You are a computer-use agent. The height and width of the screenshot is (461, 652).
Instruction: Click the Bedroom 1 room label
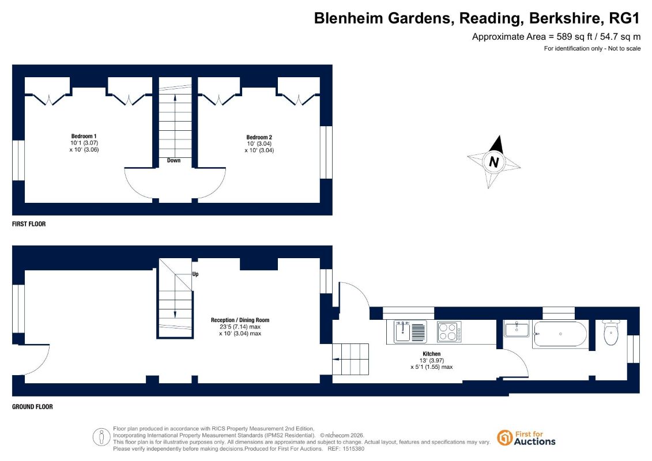tap(84, 137)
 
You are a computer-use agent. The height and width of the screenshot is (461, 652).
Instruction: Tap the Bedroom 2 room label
tap(259, 137)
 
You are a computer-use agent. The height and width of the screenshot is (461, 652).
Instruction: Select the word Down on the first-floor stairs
tap(174, 160)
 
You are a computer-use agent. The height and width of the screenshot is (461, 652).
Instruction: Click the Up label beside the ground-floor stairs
tap(195, 274)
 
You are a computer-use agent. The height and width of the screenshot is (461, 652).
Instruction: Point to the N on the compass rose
tap(494, 162)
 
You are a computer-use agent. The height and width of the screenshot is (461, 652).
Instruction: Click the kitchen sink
tap(410, 332)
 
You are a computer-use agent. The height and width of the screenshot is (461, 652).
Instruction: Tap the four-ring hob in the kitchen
tap(450, 332)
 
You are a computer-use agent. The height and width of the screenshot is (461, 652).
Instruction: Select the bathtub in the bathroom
tap(560, 334)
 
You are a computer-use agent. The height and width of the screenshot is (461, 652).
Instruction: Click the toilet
tap(611, 332)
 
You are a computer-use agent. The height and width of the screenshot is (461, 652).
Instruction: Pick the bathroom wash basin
tap(517, 329)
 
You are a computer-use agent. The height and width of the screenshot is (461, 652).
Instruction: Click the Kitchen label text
tap(432, 354)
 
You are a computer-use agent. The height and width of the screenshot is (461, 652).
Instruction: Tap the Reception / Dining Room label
tap(240, 320)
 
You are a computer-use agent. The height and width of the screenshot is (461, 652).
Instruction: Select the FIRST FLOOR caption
tap(29, 224)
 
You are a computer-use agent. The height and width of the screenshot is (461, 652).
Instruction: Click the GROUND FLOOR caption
tap(32, 407)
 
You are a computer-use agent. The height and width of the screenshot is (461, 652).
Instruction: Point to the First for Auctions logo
tap(526, 438)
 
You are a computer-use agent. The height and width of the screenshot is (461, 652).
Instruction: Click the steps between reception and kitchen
tap(351, 359)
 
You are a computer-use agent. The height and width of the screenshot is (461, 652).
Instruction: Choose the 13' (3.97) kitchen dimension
tap(432, 360)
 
